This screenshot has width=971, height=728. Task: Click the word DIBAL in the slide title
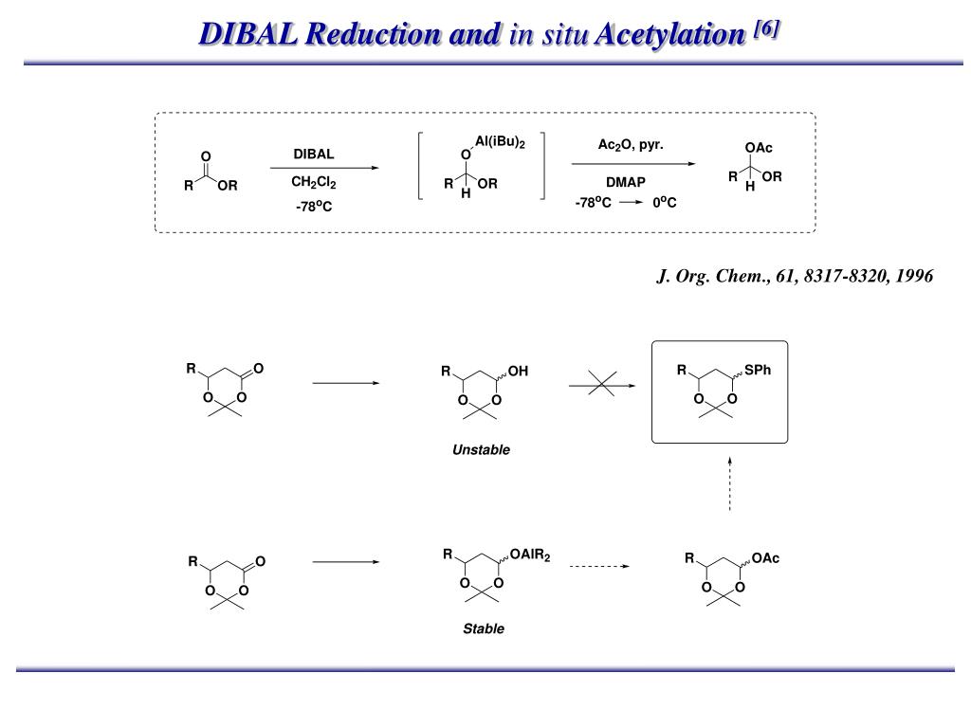pos(253,34)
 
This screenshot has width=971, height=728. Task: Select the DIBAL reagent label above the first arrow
pos(313,154)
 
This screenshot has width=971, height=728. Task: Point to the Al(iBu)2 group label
pos(500,142)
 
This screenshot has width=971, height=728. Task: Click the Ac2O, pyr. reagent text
pos(630,145)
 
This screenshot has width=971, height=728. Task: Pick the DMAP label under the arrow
pos(626,181)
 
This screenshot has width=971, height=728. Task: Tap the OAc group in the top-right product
pos(759,148)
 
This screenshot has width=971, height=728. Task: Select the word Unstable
pos(481,450)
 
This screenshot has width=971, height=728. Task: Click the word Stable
pos(484,628)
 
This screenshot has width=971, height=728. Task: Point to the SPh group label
pos(758,370)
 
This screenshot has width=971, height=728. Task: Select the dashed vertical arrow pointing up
pos(729,483)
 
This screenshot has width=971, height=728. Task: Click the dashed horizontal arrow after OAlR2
pos(599,566)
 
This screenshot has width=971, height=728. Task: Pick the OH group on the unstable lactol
pos(518,372)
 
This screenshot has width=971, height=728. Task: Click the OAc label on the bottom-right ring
pos(764,558)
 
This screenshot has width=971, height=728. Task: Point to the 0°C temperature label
pos(664,203)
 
